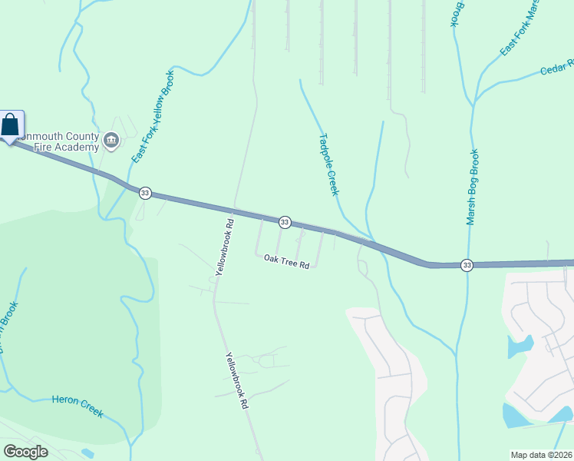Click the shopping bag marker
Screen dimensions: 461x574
pos(12,125)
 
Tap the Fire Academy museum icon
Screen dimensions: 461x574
pos(111,140)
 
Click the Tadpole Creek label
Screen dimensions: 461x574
pos(328,164)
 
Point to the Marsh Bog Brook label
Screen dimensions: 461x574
pos(472,187)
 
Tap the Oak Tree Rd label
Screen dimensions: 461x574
pos(286,261)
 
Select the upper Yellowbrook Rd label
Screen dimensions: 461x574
pos(224,247)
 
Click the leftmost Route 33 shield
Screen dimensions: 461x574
pos(145,193)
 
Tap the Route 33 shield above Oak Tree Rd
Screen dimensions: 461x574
pos(285,222)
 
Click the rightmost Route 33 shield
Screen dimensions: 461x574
pos(467,265)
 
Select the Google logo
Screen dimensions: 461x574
pos(25,452)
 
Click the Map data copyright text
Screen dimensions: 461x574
pos(542,455)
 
